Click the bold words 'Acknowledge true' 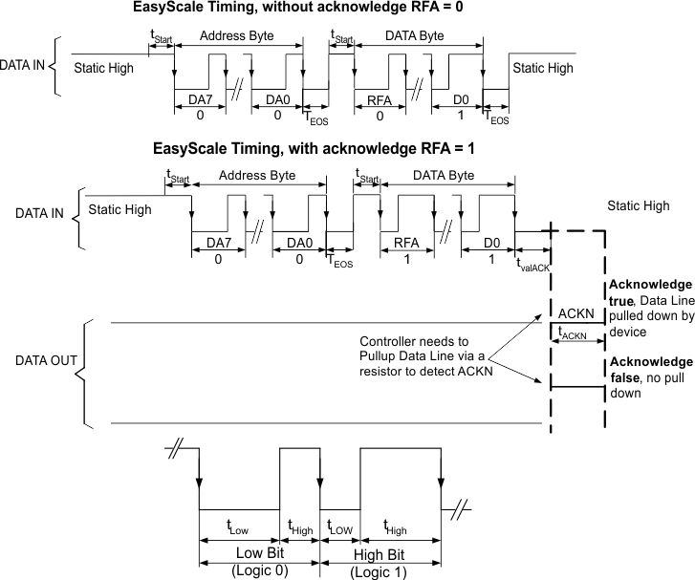coord(649,293)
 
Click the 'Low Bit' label coord(258,552)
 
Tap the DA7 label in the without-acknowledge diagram coord(198,100)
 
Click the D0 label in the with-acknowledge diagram coord(489,245)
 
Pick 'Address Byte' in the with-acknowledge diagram coord(257,176)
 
